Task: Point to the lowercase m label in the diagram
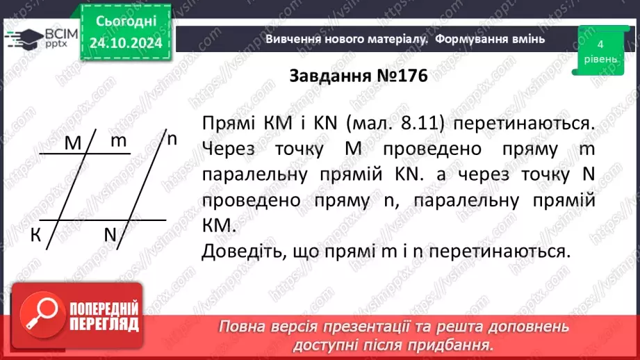[x=119, y=141]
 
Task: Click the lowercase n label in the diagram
[x=172, y=138]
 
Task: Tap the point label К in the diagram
[x=35, y=236]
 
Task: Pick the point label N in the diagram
[x=110, y=235]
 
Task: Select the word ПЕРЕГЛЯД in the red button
[x=104, y=324]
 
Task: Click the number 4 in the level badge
[x=600, y=44]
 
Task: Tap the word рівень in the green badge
[x=600, y=59]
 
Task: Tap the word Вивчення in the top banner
[x=293, y=39]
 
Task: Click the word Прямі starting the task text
[x=227, y=124]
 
